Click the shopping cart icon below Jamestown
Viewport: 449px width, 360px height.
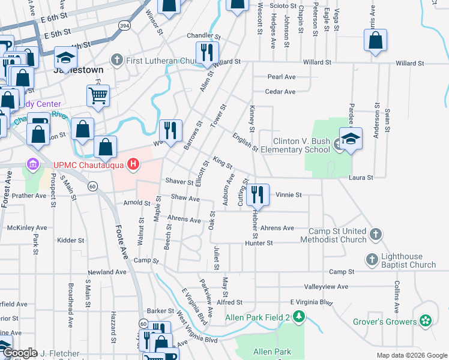click(98, 94)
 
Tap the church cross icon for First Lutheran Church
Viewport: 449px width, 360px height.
click(116, 60)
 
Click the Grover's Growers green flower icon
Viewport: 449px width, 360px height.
click(426, 322)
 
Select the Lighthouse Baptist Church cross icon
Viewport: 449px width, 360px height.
click(372, 260)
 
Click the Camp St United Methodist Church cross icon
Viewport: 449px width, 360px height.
click(375, 234)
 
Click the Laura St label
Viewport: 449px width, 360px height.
click(361, 178)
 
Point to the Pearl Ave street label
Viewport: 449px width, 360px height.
click(282, 77)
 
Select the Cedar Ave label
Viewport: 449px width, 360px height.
click(282, 92)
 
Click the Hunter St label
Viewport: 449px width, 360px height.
click(259, 243)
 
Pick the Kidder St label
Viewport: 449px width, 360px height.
click(71, 240)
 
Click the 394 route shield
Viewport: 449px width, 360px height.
click(124, 26)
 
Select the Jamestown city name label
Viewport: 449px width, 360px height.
click(79, 70)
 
